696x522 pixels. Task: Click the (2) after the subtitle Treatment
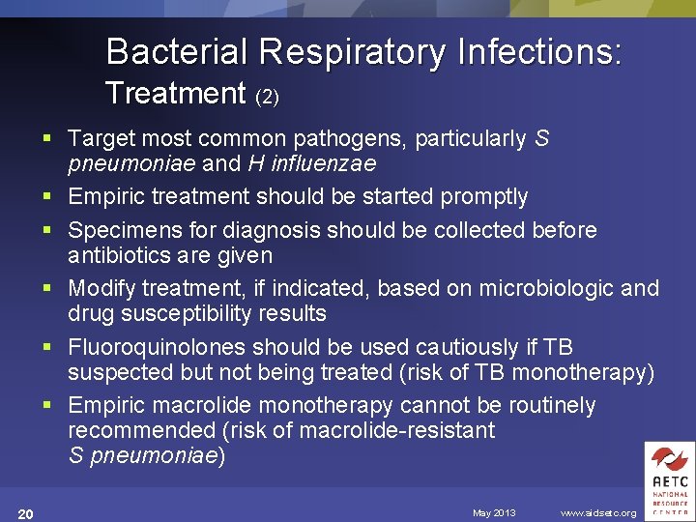point(267,97)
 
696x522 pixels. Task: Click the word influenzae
point(325,163)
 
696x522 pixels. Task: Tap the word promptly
point(483,197)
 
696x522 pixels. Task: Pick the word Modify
point(101,289)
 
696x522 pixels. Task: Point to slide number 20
point(26,513)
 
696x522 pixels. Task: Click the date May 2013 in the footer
point(494,512)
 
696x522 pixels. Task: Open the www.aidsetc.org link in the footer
point(598,512)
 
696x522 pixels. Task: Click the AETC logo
point(670,480)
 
